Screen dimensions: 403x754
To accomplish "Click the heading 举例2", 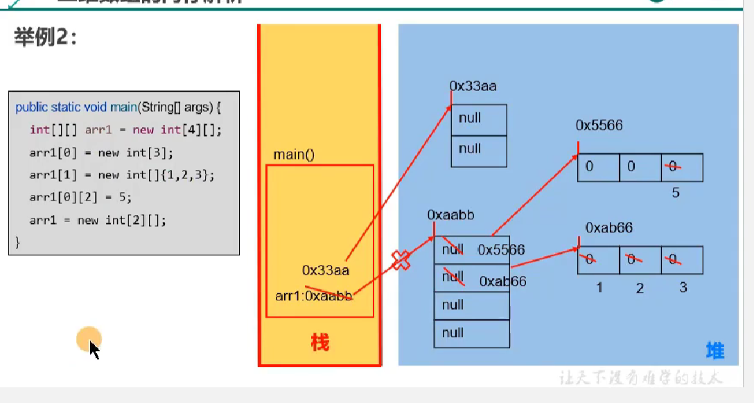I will coord(45,37).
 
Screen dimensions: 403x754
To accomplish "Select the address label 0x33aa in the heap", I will coord(473,86).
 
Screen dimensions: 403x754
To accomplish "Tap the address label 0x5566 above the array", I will coord(599,126).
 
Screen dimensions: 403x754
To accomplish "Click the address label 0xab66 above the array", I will coord(608,228).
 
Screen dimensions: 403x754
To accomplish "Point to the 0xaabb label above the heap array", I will coord(450,215).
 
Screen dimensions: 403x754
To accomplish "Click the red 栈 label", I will coord(319,342).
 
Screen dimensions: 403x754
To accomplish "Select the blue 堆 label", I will coord(714,350).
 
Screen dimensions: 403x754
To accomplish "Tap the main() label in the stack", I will coord(294,154).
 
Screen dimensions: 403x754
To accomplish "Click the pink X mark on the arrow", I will coord(401,260).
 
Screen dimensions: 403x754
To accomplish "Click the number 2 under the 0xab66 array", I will coord(640,287).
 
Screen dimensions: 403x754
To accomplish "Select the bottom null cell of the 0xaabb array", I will coord(471,333).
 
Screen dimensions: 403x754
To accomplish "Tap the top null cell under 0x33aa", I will coord(479,118).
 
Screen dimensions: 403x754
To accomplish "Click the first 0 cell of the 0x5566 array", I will coord(598,167).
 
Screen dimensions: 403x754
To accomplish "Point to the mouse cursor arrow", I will coord(94,349).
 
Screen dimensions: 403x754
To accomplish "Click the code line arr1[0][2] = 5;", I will coord(80,198).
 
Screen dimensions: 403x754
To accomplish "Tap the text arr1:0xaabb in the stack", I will coord(314,296).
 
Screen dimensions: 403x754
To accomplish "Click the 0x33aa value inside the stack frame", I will coord(325,270).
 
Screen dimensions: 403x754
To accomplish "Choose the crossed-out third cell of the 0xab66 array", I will coord(682,260).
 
